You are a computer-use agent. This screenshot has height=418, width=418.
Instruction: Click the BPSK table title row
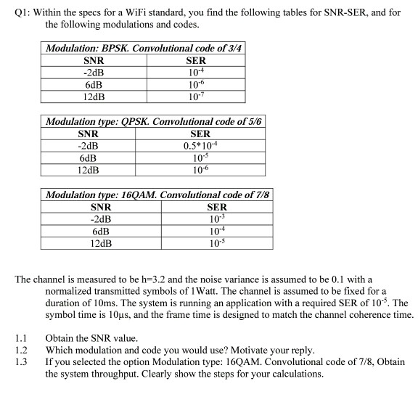(x=144, y=49)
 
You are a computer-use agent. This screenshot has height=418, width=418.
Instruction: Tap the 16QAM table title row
(x=159, y=194)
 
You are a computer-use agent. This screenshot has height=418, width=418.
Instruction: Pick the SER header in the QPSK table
(x=200, y=134)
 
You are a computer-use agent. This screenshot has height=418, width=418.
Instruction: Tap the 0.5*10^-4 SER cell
(x=200, y=146)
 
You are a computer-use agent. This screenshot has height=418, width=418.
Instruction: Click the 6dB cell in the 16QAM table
(x=101, y=231)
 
